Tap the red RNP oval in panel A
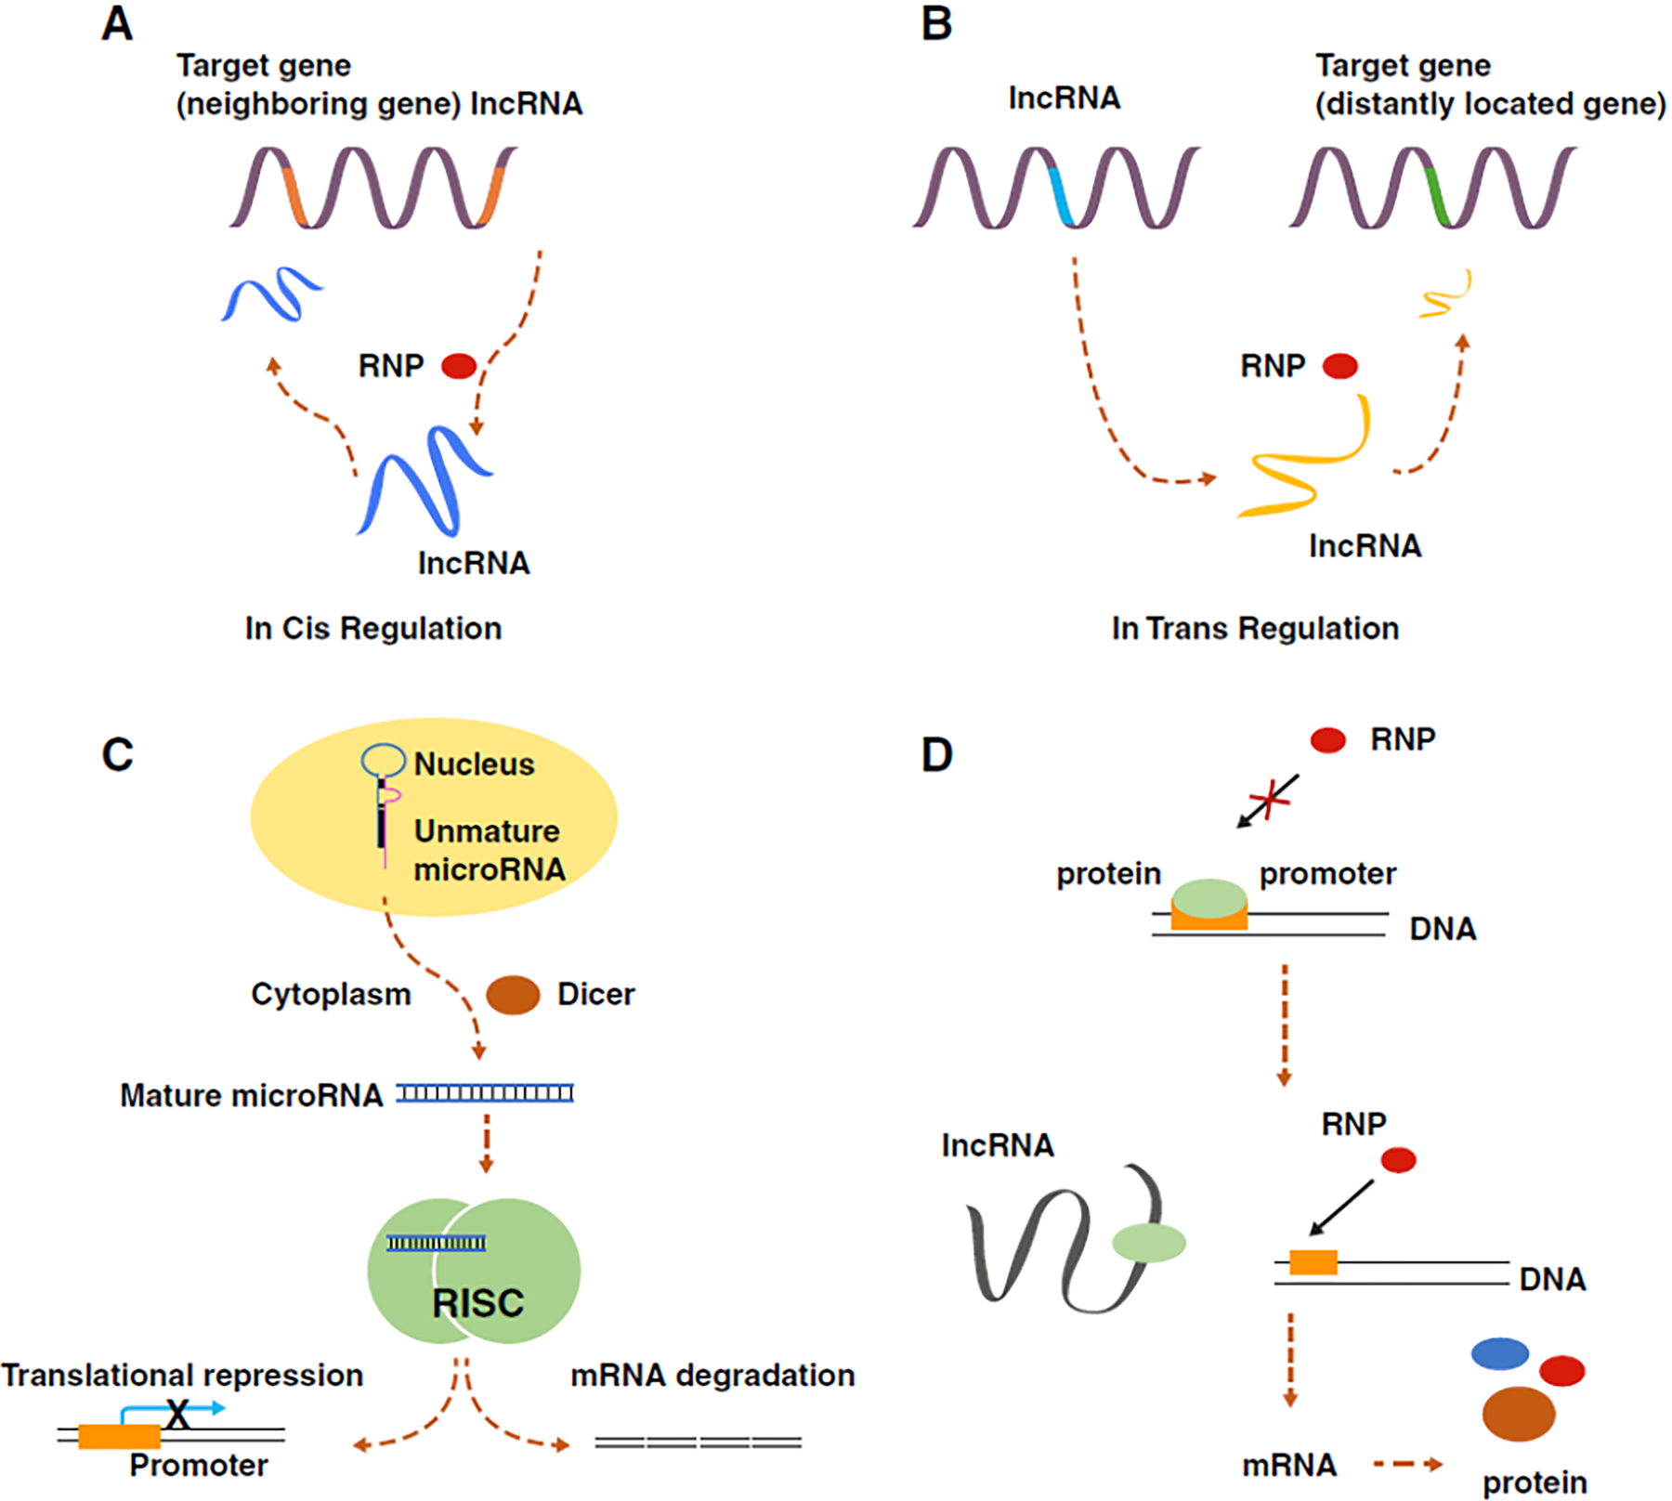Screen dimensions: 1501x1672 tap(459, 366)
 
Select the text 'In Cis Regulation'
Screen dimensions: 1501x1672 tap(373, 629)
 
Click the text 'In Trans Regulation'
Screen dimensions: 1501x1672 tap(1255, 629)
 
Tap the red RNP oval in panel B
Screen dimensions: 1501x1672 tap(1339, 366)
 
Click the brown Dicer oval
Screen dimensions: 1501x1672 tap(513, 995)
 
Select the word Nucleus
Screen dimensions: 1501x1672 tap(474, 764)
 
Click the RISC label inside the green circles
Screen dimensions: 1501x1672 tap(477, 1303)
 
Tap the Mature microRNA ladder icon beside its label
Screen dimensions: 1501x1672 tap(485, 1093)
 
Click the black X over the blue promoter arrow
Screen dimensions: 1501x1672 tap(177, 1415)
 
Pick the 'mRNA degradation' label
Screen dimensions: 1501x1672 tap(712, 1376)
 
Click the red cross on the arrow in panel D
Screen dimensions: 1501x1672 tap(1270, 799)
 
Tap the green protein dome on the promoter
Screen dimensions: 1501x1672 tap(1209, 898)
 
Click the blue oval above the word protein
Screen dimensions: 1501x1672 tap(1499, 1353)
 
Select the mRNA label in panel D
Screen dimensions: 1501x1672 tap(1289, 1466)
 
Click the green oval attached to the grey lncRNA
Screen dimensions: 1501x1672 tap(1149, 1243)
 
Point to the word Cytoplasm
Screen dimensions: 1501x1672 tap(331, 995)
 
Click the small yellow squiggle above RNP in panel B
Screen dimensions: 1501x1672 tap(1445, 294)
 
